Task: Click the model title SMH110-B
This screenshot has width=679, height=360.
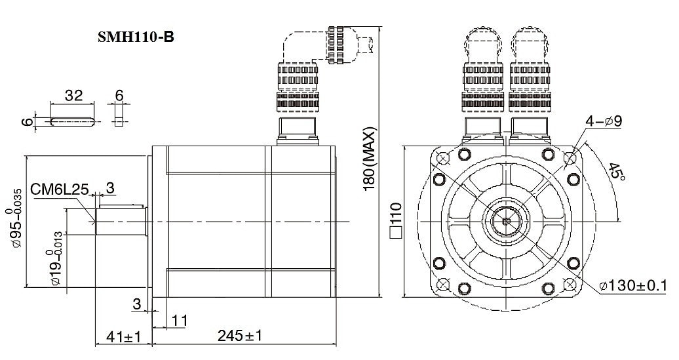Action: [x=136, y=37]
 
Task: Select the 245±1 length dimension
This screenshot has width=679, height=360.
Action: [x=239, y=335]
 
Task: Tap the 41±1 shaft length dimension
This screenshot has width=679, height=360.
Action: [x=123, y=336]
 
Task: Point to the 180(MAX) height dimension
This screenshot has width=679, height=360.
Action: [x=370, y=159]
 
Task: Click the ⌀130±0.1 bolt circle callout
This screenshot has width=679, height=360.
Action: [x=633, y=286]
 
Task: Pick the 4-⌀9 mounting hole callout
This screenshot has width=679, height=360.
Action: [x=604, y=121]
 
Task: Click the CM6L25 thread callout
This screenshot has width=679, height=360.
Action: [x=60, y=190]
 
